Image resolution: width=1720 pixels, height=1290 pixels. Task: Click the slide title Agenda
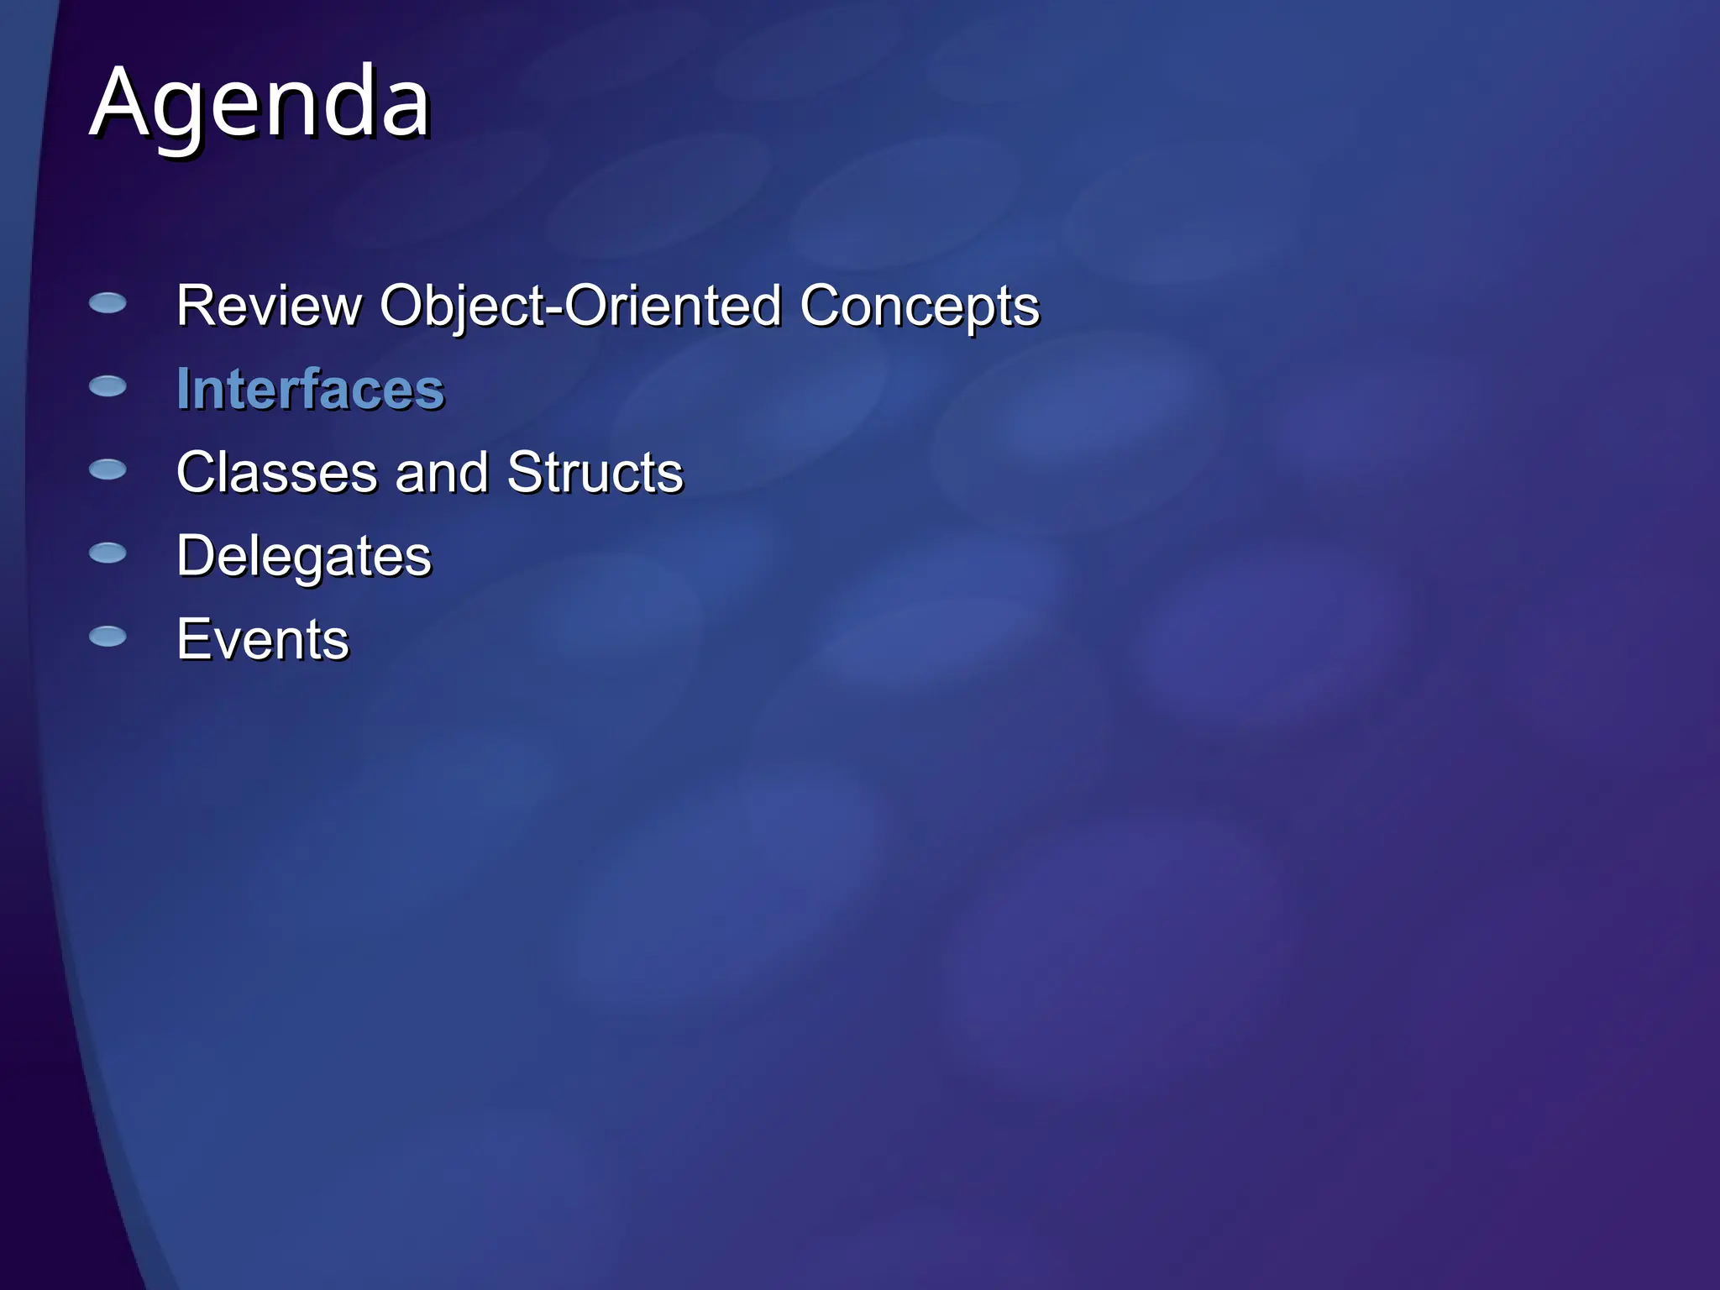260,104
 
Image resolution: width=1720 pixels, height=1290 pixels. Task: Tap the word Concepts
919,306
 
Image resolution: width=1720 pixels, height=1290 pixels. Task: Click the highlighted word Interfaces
310,390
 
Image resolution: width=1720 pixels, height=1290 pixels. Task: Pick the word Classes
276,472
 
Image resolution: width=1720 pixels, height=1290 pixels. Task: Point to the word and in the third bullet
441,472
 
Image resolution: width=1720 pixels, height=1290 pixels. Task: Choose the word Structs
595,472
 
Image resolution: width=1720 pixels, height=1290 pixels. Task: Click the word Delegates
303,556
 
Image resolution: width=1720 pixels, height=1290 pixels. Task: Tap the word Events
262,640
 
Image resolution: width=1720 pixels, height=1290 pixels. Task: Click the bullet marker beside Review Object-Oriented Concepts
107,303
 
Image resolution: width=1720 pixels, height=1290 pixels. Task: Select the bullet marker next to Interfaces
107,386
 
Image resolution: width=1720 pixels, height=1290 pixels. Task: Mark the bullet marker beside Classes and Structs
107,469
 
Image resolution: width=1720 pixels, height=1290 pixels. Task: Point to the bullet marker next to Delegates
107,553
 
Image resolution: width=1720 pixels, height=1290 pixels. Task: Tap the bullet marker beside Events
107,637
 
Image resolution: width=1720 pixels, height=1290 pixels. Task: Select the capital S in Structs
525,472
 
